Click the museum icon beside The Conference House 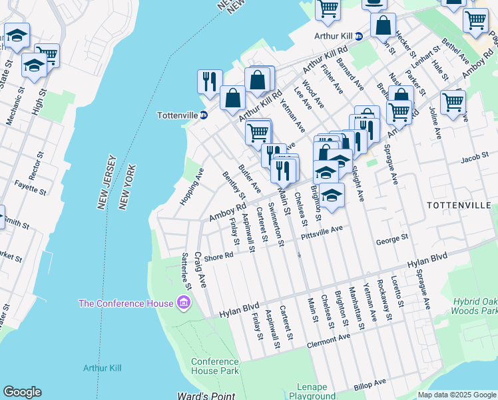[184, 304]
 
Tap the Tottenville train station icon [204, 115]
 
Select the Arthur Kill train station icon [358, 36]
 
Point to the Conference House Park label [215, 366]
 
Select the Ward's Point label [206, 396]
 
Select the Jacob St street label [474, 158]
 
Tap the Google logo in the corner [22, 392]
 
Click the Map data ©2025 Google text [456, 395]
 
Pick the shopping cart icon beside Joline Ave [453, 103]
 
